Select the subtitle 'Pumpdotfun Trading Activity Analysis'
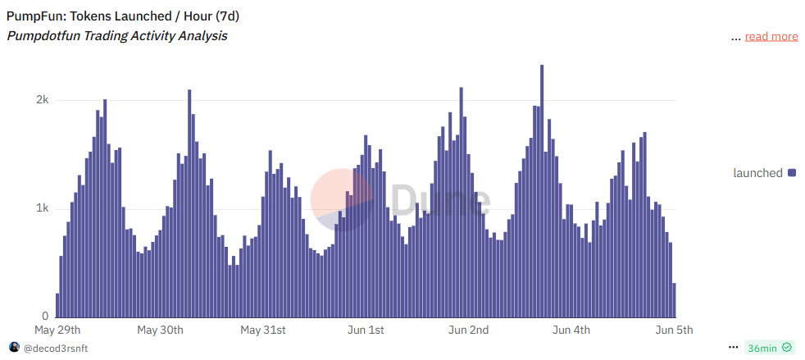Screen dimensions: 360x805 coord(117,36)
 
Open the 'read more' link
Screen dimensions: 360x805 coord(771,36)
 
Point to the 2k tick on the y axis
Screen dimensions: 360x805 coord(41,100)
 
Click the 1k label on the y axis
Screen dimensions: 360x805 coord(41,208)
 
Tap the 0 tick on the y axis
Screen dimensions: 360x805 coord(45,317)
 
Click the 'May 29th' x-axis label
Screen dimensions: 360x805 coord(57,330)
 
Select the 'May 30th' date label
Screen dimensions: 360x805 coord(160,330)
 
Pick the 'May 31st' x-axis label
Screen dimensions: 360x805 coord(263,330)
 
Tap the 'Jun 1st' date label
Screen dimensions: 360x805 coord(366,330)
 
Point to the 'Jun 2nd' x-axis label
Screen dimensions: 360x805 coord(469,330)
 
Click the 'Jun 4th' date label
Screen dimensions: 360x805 coord(571,330)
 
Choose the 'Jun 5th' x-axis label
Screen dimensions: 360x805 coord(675,330)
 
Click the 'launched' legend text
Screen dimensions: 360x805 coord(757,173)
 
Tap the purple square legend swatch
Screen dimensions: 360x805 coord(792,173)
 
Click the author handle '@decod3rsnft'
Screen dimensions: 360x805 coord(56,348)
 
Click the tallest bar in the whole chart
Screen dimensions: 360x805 coord(542,190)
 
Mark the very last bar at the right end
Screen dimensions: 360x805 coord(674,300)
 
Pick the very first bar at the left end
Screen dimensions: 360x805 coord(57,305)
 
